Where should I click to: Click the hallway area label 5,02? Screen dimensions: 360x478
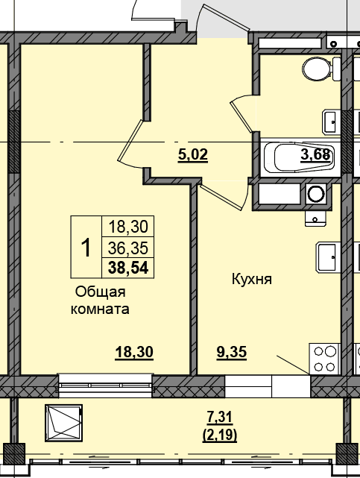click(193, 155)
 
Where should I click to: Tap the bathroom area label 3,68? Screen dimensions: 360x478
click(315, 154)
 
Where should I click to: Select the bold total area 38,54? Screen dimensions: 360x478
click(128, 268)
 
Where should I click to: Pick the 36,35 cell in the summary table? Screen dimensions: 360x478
click(128, 248)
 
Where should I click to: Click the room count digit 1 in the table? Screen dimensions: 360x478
click(86, 248)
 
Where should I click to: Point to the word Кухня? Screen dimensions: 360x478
click(252, 279)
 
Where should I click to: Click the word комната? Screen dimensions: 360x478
click(100, 309)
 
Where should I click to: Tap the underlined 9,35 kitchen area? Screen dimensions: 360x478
click(232, 353)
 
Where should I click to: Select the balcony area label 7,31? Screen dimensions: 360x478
click(220, 418)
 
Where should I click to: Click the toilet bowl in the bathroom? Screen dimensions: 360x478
click(321, 69)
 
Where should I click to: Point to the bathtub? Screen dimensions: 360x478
click(299, 158)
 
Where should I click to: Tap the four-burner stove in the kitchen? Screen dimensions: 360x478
click(324, 359)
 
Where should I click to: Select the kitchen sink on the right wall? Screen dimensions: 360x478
click(326, 257)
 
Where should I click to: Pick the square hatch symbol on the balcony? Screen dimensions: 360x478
click(63, 423)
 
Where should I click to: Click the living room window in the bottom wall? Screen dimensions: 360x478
click(105, 386)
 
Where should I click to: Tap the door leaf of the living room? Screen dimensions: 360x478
click(130, 140)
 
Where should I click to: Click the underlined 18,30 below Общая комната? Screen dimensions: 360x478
click(134, 353)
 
